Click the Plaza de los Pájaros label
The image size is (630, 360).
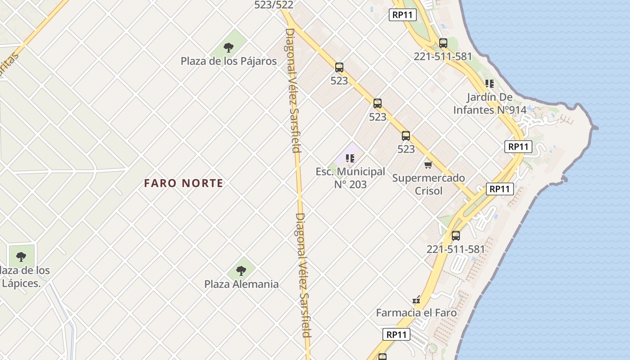click(x=229, y=61)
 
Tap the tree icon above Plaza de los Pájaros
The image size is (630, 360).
click(x=229, y=47)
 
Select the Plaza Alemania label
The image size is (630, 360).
click(x=241, y=284)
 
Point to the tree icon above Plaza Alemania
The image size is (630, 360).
click(x=241, y=270)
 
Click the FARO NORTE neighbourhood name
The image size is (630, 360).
click(x=184, y=184)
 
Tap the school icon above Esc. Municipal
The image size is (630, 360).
click(x=350, y=158)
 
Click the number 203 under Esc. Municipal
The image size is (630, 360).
click(x=357, y=184)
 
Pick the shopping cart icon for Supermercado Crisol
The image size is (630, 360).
click(x=428, y=165)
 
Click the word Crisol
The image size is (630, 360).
click(x=428, y=191)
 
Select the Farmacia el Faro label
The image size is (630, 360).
click(x=416, y=313)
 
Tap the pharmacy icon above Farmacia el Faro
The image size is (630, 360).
click(x=416, y=300)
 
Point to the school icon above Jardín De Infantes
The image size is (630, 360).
click(x=489, y=84)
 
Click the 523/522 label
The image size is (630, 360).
click(x=274, y=5)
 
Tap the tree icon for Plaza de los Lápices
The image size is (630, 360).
click(x=21, y=257)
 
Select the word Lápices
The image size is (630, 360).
click(x=21, y=283)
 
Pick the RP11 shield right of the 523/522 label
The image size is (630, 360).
click(x=403, y=15)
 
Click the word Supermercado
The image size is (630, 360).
click(x=428, y=178)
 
